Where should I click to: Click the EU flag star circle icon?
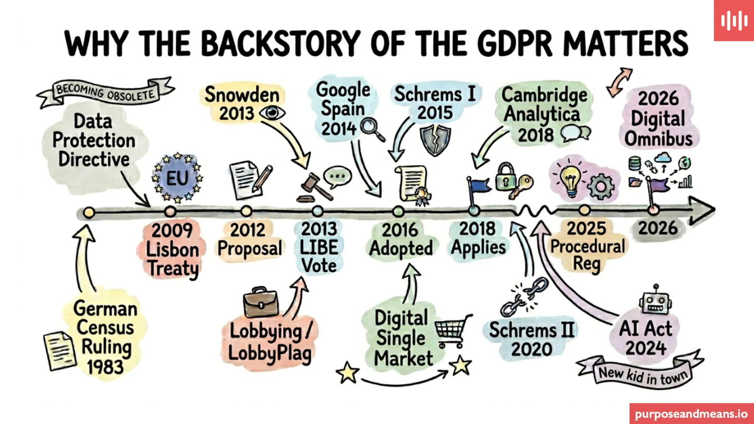(177, 179)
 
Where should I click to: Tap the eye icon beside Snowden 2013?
(272, 113)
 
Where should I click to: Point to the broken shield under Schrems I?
(436, 140)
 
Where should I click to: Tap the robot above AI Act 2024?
(656, 301)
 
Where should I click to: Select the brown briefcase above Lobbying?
(261, 303)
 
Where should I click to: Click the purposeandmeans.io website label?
(691, 414)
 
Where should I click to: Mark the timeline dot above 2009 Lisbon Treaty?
(170, 212)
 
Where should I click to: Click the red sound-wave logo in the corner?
(734, 21)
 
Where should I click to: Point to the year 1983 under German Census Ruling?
(105, 367)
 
